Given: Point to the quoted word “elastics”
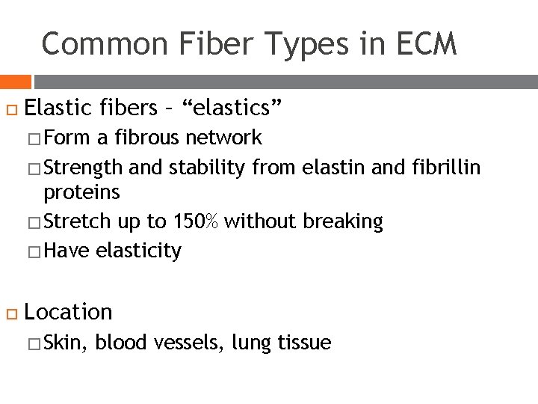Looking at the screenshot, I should click(x=238, y=108).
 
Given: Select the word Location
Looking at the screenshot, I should click(x=69, y=311).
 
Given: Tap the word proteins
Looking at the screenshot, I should click(x=81, y=192).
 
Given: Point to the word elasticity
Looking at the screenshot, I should click(x=138, y=251).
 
